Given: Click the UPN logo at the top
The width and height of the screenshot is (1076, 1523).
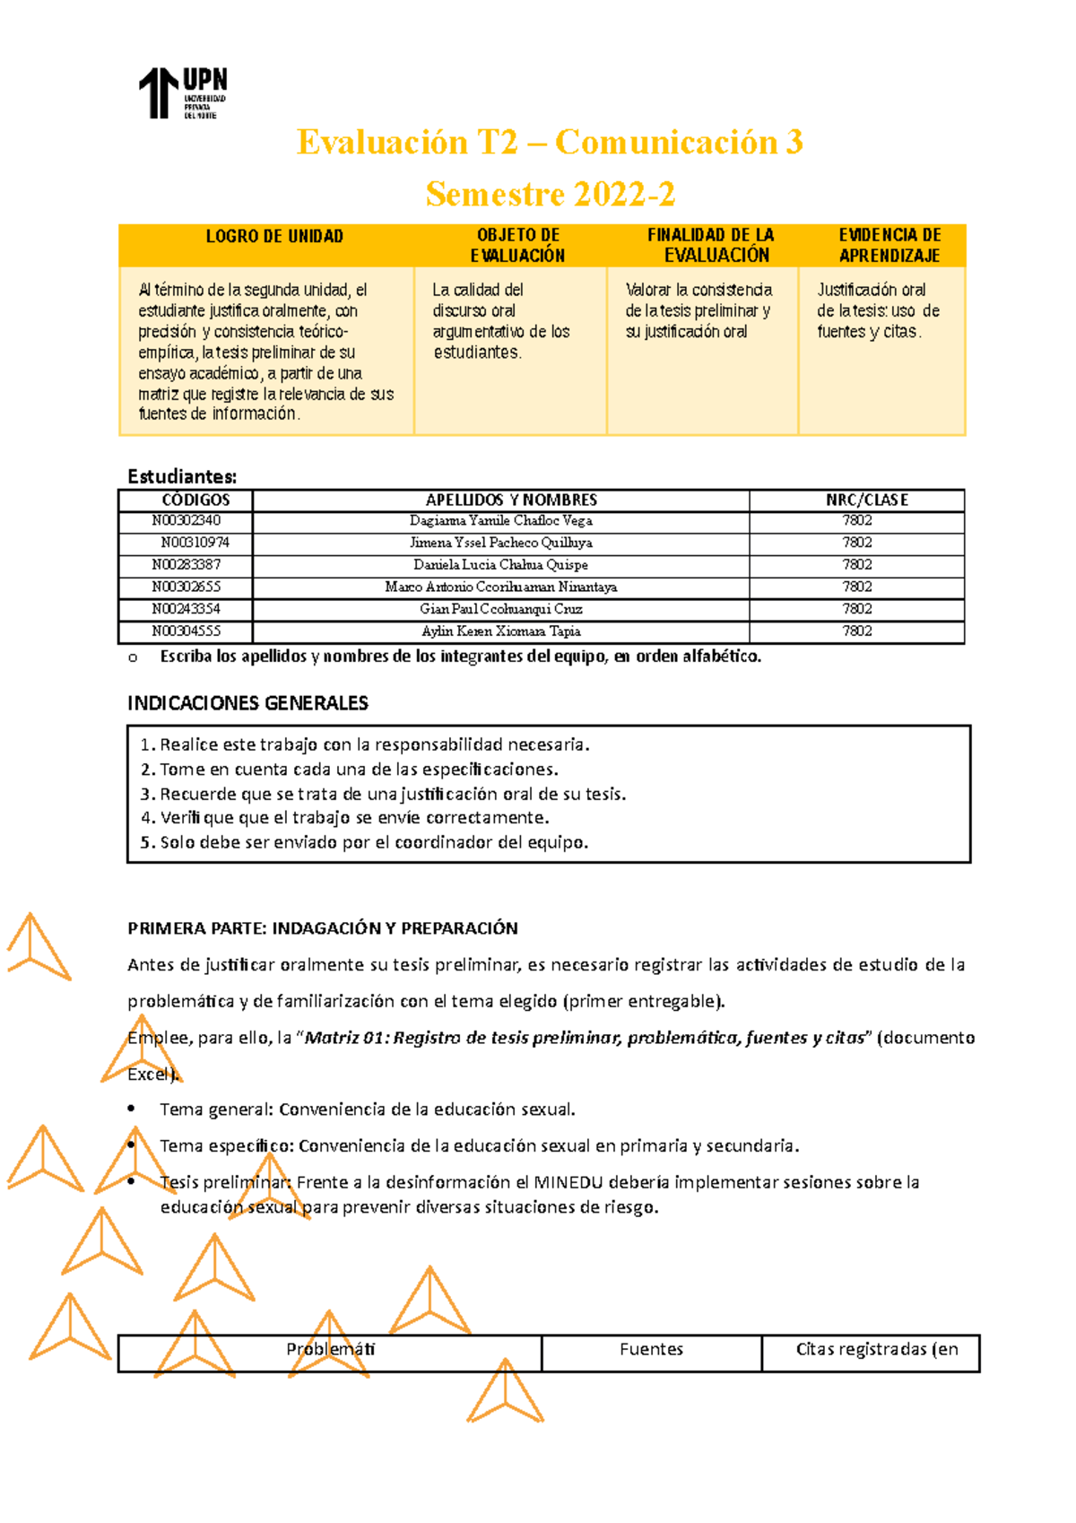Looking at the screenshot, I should click(182, 92).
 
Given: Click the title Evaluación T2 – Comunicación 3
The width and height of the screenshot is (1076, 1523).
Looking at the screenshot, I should click(549, 142).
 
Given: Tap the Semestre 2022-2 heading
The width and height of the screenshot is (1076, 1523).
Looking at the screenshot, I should click(550, 194).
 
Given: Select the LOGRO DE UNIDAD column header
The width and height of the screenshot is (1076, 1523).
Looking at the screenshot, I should click(274, 237).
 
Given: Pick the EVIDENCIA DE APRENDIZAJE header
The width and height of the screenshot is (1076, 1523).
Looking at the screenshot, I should click(889, 245).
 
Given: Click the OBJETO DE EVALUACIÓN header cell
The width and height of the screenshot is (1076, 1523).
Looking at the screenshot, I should click(517, 245).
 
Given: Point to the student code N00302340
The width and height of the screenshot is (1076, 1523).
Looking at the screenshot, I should click(186, 520).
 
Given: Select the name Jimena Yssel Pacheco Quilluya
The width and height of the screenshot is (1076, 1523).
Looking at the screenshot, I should click(500, 543).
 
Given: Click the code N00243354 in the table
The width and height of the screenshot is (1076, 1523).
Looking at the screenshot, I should click(186, 609).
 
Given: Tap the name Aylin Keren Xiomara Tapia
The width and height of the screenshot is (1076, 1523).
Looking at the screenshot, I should click(500, 631).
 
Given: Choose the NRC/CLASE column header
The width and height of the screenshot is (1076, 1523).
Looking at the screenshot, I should click(866, 500).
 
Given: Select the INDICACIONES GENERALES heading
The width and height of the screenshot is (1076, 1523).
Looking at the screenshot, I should click(247, 703).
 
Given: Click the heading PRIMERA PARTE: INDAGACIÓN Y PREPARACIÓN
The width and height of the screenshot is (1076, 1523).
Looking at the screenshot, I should click(323, 928).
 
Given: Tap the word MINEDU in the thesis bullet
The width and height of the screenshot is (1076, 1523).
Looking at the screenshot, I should click(568, 1182).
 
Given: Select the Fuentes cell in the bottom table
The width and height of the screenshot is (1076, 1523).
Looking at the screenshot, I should click(651, 1349).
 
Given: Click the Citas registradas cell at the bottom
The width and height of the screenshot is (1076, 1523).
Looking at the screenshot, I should click(876, 1349).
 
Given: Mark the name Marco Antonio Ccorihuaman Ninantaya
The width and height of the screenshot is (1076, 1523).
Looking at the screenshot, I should click(500, 587).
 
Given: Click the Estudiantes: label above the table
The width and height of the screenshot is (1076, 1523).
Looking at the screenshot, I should click(182, 476).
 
